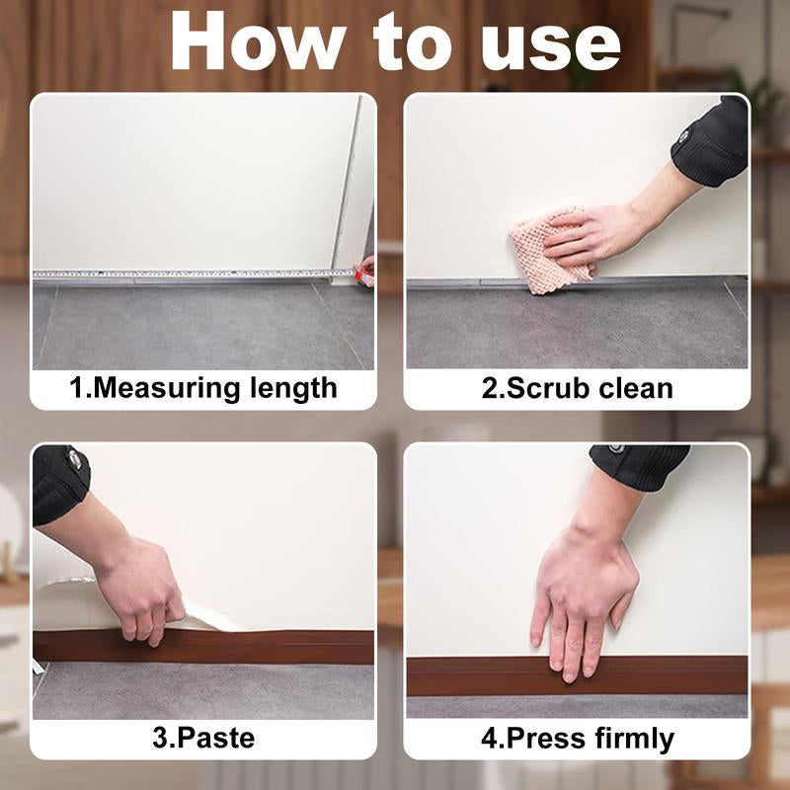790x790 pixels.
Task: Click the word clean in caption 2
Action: tap(636, 387)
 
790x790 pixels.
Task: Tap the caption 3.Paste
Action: tap(204, 738)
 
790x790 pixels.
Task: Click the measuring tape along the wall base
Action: tap(188, 274)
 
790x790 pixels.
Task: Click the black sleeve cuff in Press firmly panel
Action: tap(642, 460)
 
